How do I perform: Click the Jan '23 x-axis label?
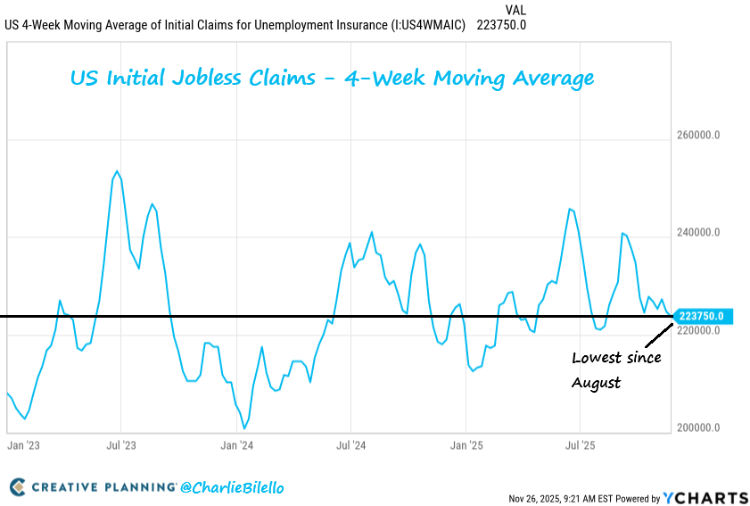coord(23,444)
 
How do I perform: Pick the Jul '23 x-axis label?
coord(121,444)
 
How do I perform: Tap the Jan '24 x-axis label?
coord(237,444)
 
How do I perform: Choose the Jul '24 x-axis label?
coord(351,444)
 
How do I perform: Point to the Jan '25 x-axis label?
coord(466,444)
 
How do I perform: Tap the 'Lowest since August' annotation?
coord(616,370)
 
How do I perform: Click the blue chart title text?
coord(332,79)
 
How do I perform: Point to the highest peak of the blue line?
coord(117,171)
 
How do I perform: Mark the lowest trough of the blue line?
coord(244,428)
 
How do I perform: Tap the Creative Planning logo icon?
coord(18,487)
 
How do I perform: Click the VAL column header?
coord(515,10)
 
